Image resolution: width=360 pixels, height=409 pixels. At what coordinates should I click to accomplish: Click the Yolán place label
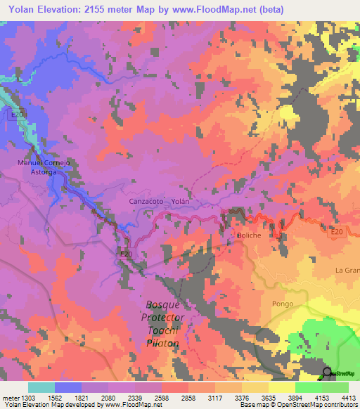point(181,201)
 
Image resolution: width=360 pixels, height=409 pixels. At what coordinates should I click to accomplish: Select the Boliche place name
point(248,235)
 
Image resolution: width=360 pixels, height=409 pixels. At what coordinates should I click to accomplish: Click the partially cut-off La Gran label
point(347,271)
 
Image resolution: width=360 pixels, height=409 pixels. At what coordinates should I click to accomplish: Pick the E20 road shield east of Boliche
point(336,231)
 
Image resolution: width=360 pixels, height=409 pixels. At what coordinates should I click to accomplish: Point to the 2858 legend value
point(188,397)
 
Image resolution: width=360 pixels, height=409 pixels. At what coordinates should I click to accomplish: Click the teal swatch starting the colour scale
point(41,387)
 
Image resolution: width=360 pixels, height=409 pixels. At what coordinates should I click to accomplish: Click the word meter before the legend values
point(9,397)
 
